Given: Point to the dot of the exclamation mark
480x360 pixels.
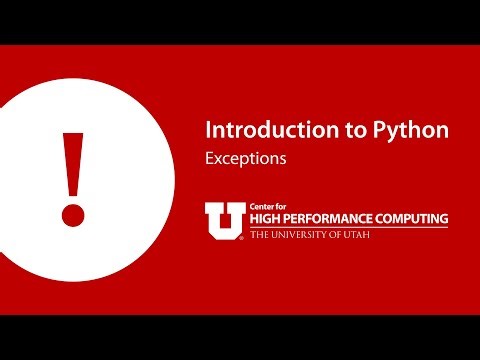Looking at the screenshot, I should click(x=72, y=214).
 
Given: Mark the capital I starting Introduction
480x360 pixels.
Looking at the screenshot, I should click(x=208, y=131).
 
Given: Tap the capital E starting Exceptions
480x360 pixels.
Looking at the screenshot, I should click(x=209, y=158).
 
